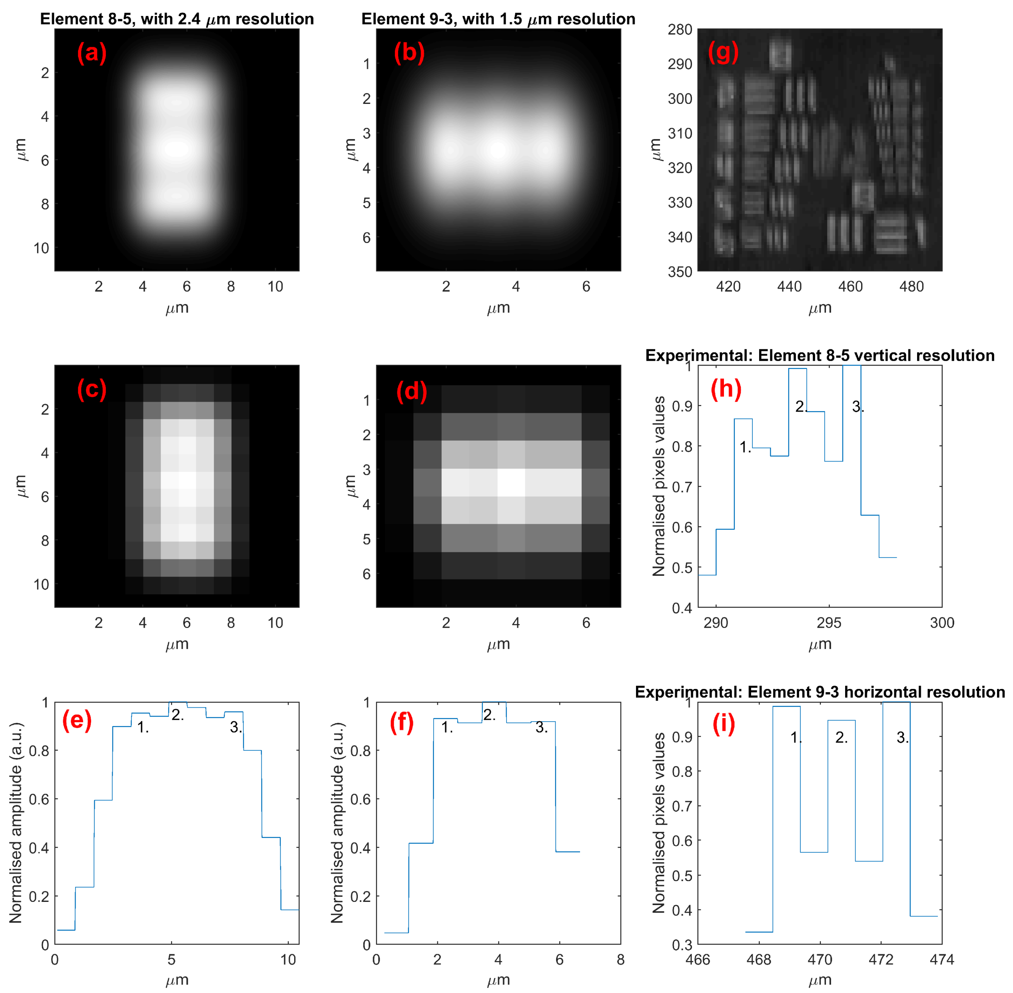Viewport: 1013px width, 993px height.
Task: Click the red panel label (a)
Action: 92,53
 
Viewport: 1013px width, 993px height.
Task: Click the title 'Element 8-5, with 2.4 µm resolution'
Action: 177,19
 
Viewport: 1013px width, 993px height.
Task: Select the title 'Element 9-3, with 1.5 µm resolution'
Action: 498,19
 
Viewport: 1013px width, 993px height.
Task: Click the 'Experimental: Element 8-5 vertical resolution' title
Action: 820,355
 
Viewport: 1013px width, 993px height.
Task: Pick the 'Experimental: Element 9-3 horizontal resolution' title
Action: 820,692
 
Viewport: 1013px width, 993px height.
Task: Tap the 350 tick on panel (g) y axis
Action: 680,272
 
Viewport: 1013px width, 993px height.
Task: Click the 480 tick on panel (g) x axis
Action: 911,287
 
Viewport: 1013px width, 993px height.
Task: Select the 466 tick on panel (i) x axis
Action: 698,959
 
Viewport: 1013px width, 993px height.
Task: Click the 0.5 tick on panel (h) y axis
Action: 681,567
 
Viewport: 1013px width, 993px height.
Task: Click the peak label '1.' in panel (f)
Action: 447,727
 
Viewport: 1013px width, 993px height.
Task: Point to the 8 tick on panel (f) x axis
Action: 620,959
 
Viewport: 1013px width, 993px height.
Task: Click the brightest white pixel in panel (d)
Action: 510,482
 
